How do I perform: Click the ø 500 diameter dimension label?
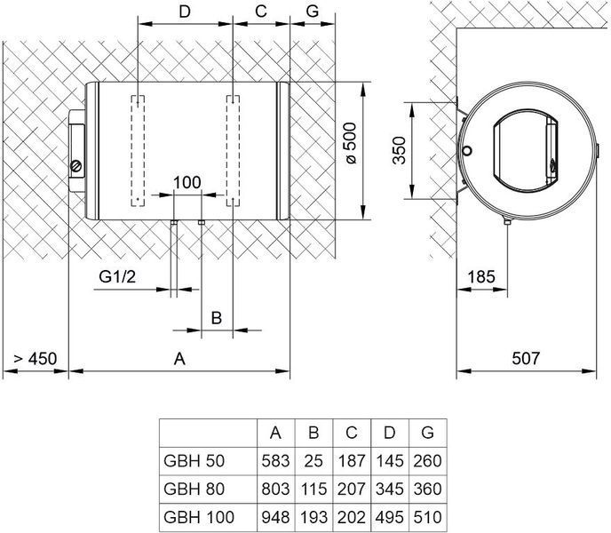click(351, 143)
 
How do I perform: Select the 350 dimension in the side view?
click(399, 150)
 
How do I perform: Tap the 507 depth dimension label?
click(526, 358)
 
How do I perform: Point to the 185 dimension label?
click(481, 277)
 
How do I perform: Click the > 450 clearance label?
click(35, 359)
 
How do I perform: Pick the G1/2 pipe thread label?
click(117, 276)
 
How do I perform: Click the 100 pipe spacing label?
click(187, 182)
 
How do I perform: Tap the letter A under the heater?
click(179, 359)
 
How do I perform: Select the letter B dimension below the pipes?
click(217, 318)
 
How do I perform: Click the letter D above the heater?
click(185, 12)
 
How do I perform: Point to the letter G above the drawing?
click(313, 12)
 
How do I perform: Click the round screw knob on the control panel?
click(76, 166)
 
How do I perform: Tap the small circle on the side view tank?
click(467, 150)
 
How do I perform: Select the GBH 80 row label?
click(194, 489)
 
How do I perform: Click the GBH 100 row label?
click(199, 517)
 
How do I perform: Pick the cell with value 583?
click(275, 461)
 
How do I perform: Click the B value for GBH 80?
click(313, 489)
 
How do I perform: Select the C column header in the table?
click(352, 433)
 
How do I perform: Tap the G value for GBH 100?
click(427, 517)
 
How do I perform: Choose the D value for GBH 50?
click(390, 461)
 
